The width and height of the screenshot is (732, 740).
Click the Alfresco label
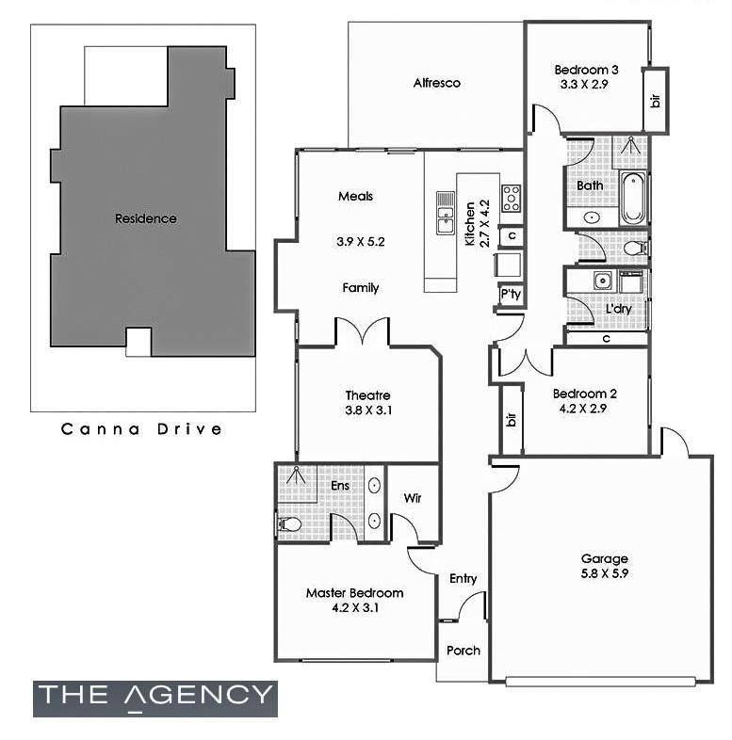tap(436, 83)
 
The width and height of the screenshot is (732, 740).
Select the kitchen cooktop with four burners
tap(511, 199)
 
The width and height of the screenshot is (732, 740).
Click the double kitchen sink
tap(446, 213)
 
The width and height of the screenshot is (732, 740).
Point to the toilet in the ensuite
tap(288, 523)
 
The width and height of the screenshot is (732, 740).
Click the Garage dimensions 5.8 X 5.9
tap(604, 574)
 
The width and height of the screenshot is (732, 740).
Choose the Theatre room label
tap(367, 395)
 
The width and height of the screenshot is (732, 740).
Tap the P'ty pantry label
tap(511, 295)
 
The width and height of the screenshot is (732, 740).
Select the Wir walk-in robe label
tap(413, 498)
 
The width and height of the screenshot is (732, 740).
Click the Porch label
tap(464, 651)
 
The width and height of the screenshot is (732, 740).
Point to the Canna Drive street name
tap(141, 429)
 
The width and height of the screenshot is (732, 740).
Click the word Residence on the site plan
tap(145, 218)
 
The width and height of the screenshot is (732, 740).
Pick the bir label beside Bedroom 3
tap(656, 101)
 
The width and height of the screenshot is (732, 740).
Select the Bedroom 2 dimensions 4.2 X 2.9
tap(583, 409)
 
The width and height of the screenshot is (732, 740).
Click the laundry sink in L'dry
tap(602, 282)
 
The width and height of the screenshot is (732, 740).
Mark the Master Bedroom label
tap(354, 593)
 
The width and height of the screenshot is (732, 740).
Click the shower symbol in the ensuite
tap(296, 475)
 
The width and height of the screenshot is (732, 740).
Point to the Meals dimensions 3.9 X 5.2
tap(360, 242)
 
